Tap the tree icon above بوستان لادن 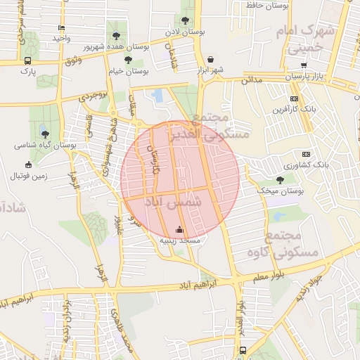pyautogui.click(x=185, y=20)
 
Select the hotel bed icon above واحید pyautogui.click(x=62, y=28)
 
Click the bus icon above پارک pyautogui.click(x=27, y=60)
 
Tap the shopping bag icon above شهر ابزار pyautogui.click(x=212, y=59)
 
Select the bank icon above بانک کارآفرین pyautogui.click(x=294, y=99)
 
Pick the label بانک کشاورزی pyautogui.click(x=308, y=165)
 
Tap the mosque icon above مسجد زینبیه pyautogui.click(x=179, y=229)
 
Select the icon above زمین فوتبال pyautogui.click(x=28, y=165)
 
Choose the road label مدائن pyautogui.click(x=251, y=81)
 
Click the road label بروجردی pyautogui.click(x=94, y=95)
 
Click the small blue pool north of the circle pyautogui.click(x=157, y=95)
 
